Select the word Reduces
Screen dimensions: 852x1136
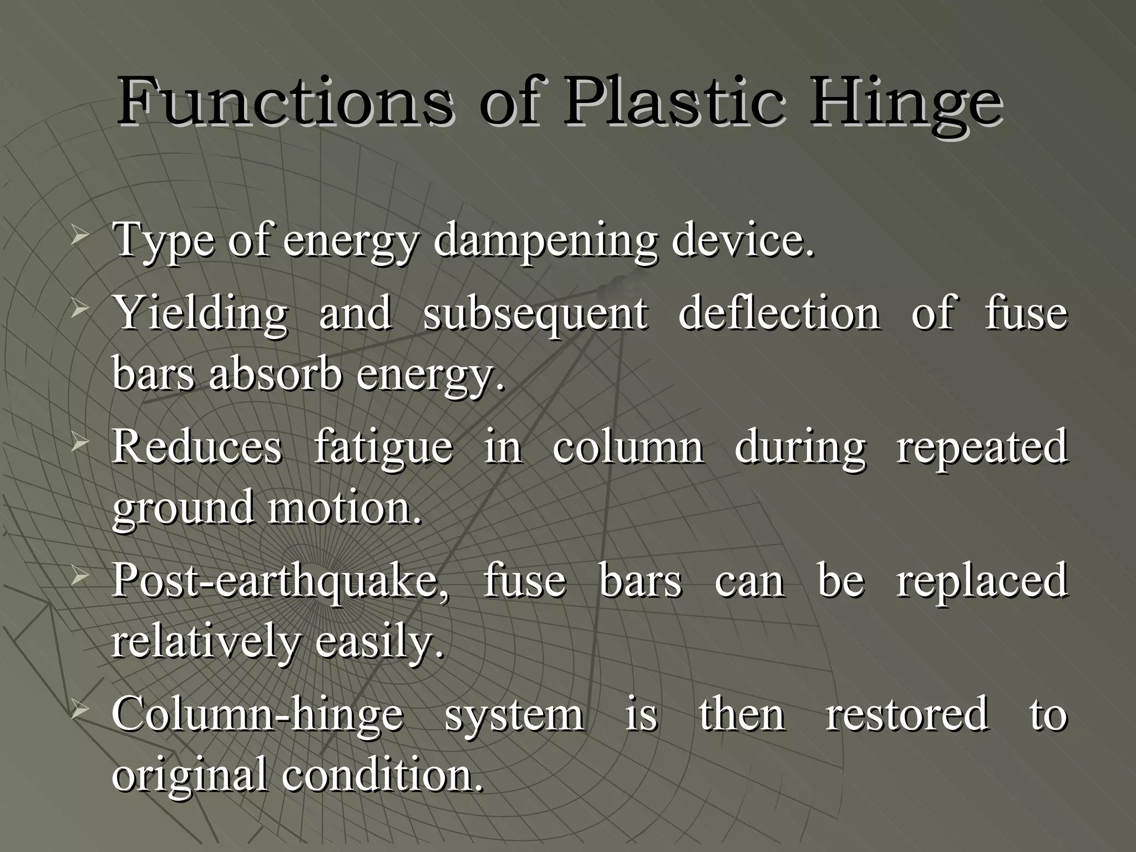(x=197, y=447)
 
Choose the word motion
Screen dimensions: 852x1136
(x=343, y=508)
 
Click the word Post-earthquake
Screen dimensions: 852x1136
(x=280, y=581)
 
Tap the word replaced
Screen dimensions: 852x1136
(x=982, y=581)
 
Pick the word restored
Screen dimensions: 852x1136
(x=906, y=714)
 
